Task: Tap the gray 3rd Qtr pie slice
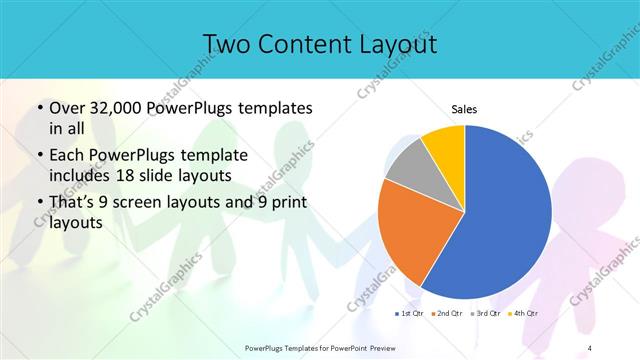click(408, 168)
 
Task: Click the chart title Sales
click(464, 109)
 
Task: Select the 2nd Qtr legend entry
click(446, 315)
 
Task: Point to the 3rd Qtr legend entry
click(484, 315)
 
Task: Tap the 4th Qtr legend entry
click(522, 315)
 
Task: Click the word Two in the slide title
click(226, 44)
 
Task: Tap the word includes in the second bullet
click(80, 175)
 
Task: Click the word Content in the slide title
click(301, 44)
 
